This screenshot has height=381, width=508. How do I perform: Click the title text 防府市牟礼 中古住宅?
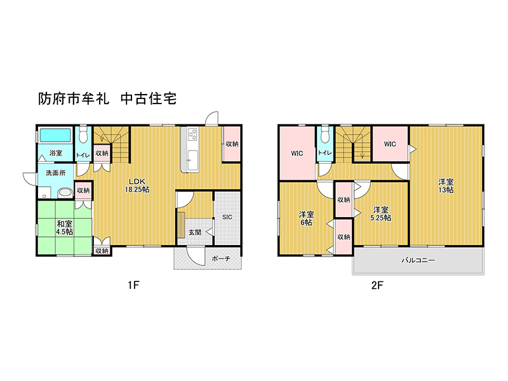pos(107,99)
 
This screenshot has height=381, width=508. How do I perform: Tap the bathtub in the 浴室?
pos(55,135)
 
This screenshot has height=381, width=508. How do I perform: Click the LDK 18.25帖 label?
pos(137,185)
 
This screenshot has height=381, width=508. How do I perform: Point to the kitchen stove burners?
pos(192,135)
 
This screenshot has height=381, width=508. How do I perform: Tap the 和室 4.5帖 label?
pos(65,228)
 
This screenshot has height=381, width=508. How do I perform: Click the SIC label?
pos(227,217)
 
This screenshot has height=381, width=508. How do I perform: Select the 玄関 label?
pos(195,232)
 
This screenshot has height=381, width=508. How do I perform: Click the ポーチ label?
pos(221,258)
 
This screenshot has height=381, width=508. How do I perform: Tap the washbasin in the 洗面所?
pos(65,193)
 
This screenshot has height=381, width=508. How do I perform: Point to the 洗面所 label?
pos(55,173)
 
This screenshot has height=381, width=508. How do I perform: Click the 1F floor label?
pos(133,285)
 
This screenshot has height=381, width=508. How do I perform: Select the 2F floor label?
pos(377,285)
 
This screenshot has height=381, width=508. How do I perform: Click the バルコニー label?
pos(418,260)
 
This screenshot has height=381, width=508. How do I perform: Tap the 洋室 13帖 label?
pos(446,186)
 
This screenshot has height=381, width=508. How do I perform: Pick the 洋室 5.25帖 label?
pos(380,214)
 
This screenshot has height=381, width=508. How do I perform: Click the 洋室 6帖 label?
pos(306,218)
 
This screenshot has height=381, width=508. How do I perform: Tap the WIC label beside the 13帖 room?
pos(390,144)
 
